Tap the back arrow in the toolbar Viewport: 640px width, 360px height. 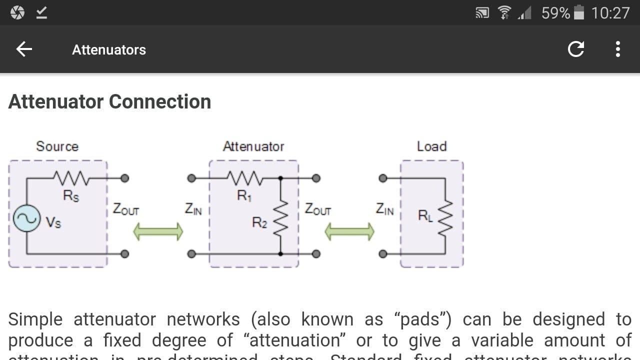(24, 49)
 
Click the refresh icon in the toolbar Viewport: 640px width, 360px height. (576, 49)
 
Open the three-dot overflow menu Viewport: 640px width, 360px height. (618, 49)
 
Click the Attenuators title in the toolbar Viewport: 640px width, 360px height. (109, 49)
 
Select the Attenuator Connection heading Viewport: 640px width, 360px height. (109, 101)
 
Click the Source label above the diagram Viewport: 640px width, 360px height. (57, 146)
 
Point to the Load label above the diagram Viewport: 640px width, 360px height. (431, 146)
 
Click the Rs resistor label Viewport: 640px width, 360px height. (71, 196)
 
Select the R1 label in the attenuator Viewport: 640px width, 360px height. (244, 196)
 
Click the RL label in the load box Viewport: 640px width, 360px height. (425, 215)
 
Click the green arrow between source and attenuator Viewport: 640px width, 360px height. (158, 231)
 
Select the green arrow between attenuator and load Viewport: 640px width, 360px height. (349, 231)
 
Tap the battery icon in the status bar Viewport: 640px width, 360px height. (579, 12)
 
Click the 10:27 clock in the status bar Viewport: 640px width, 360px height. (610, 12)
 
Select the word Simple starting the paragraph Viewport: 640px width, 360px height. (35, 319)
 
